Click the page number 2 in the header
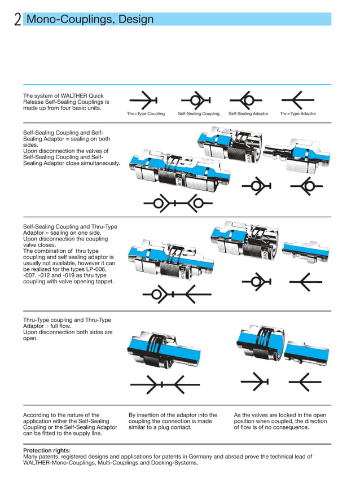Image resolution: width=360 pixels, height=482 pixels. click(17, 20)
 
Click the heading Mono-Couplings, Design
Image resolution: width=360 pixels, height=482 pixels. click(90, 20)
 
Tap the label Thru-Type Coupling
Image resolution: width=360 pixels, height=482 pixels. click(146, 114)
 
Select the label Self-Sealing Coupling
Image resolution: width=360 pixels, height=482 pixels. click(199, 114)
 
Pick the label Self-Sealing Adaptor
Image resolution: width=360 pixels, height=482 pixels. click(248, 114)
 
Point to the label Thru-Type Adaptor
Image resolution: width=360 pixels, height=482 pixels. click(298, 114)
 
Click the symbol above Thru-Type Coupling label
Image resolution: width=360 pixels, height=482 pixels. click(145, 100)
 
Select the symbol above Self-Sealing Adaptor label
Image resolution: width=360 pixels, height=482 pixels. click(247, 100)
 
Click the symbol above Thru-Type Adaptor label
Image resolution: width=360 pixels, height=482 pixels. click(297, 100)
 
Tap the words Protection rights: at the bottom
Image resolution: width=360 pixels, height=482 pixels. click(47, 450)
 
